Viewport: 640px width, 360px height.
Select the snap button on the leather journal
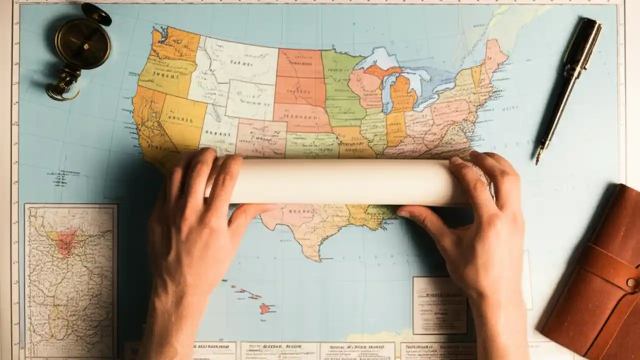click(631, 283)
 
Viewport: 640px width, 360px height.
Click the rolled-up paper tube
click(345, 181)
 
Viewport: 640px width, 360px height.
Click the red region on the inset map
click(66, 242)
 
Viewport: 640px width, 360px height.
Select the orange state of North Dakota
click(300, 63)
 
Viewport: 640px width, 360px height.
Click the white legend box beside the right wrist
click(439, 305)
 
